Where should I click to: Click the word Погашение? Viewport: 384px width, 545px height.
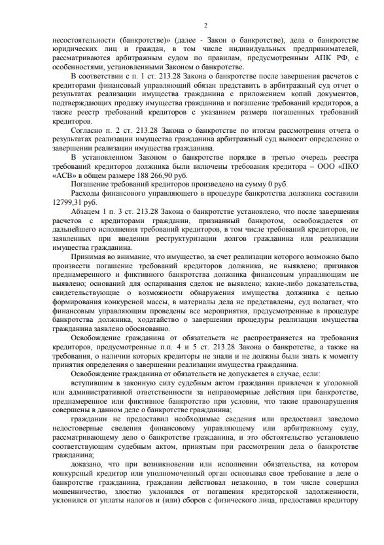[x=93, y=185]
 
